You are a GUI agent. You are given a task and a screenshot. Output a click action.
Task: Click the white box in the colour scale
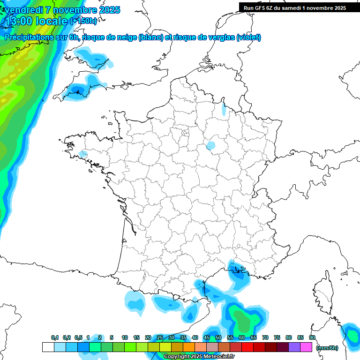(x=48, y=347)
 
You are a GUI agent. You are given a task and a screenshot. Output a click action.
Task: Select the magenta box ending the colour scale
(x=306, y=347)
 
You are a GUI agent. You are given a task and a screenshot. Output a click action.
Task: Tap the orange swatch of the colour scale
(x=189, y=347)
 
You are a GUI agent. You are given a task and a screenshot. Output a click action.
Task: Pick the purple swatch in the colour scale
(x=294, y=347)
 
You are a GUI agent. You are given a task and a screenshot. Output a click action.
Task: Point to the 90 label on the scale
(x=312, y=337)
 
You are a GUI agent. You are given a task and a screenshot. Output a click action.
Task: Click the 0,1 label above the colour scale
(x=55, y=337)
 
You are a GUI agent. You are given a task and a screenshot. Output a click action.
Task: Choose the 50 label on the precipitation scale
(x=218, y=337)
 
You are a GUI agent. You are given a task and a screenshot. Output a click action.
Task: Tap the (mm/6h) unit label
(x=327, y=347)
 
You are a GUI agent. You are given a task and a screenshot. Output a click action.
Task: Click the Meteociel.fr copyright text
(x=199, y=357)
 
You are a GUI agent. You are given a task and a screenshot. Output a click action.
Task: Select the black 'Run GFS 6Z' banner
(x=294, y=7)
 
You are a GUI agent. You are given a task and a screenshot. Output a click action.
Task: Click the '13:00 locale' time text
(x=37, y=21)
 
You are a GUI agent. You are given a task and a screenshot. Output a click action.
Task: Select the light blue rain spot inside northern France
(x=211, y=146)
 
